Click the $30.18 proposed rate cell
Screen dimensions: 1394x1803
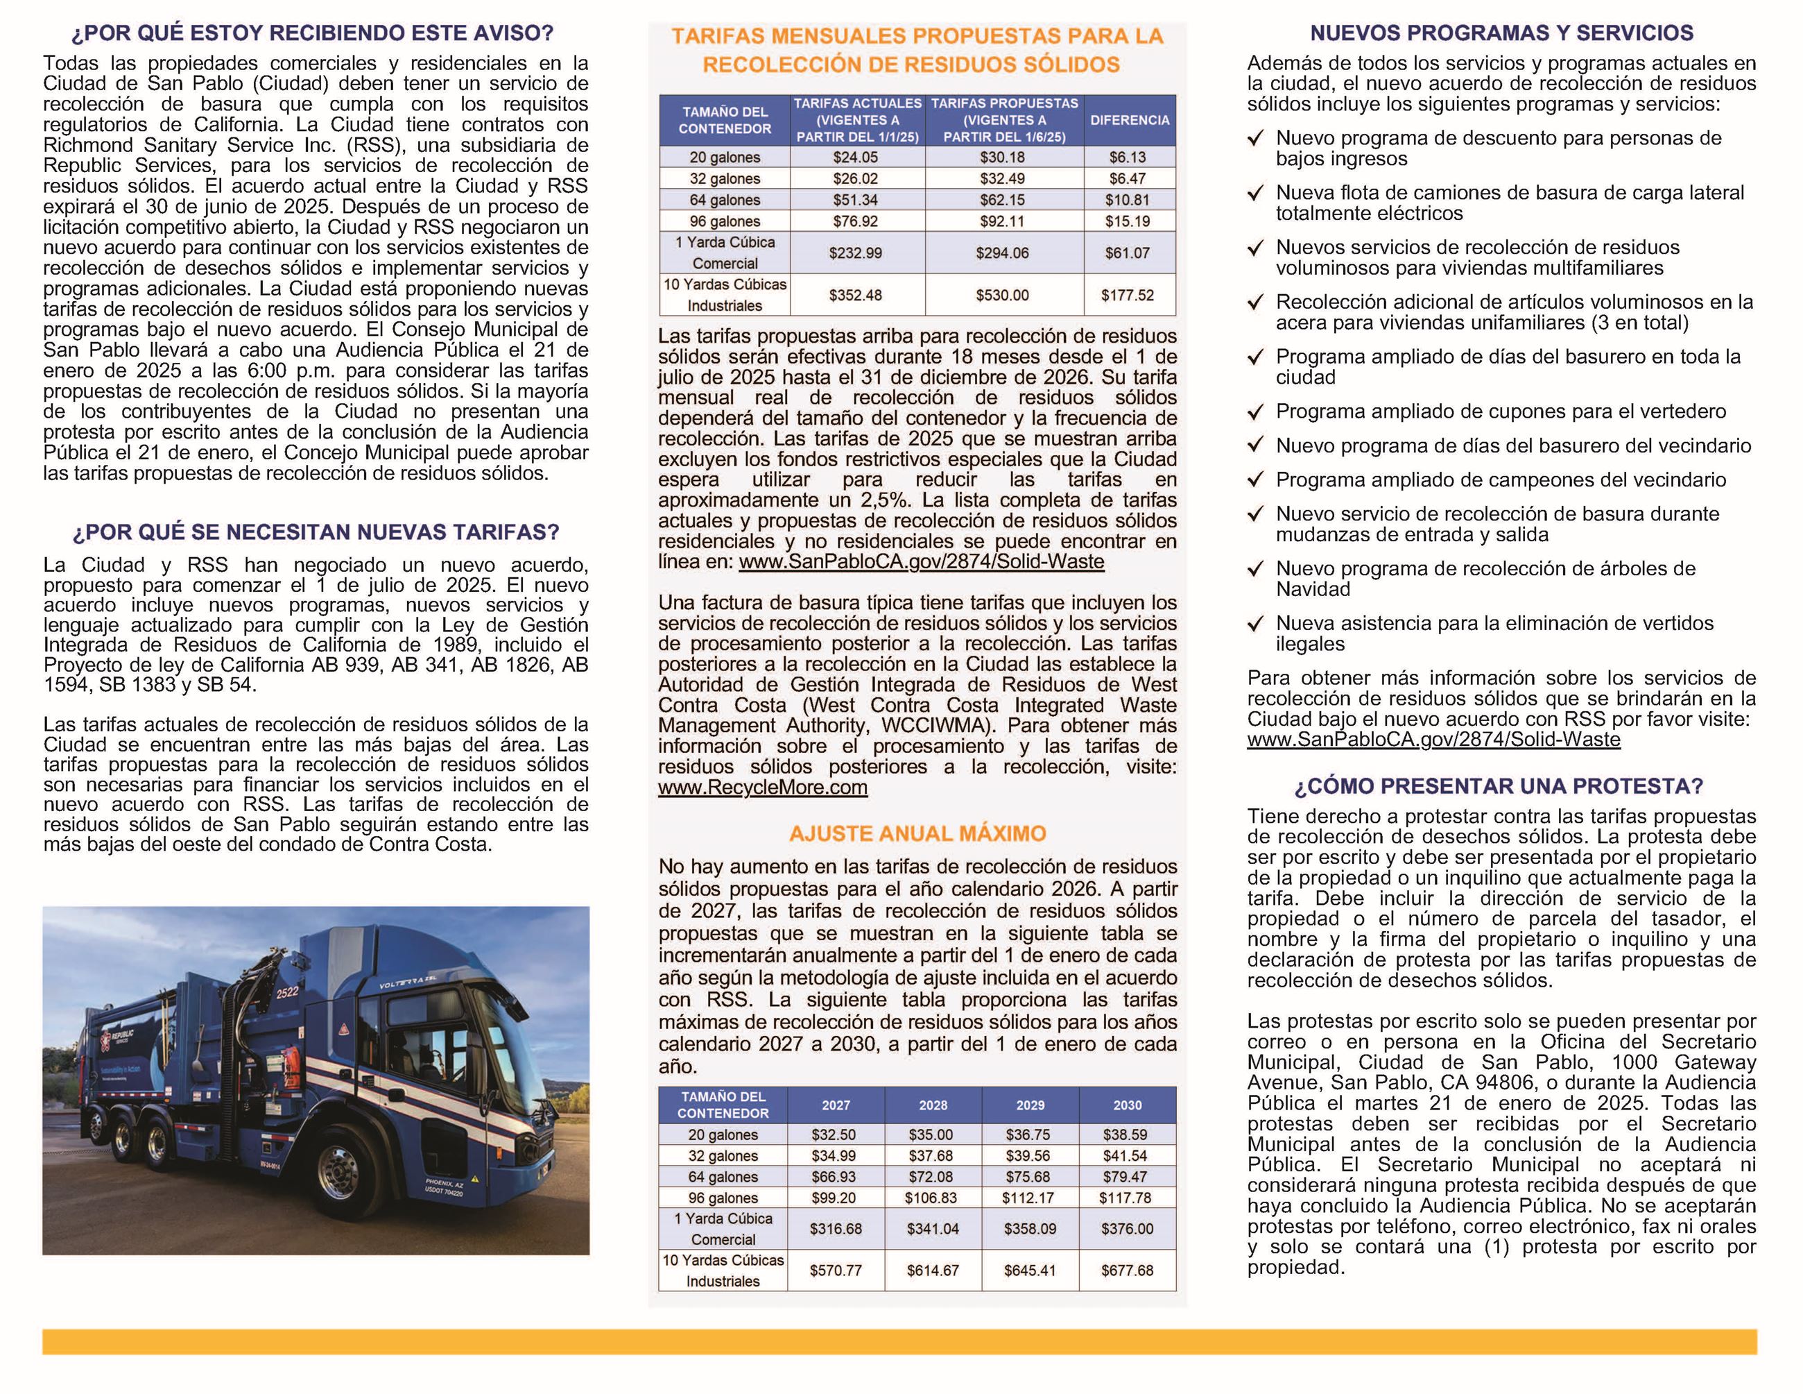pos(1002,157)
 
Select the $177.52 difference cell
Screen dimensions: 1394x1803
pos(1128,295)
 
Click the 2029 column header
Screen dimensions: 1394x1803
pos(1030,1105)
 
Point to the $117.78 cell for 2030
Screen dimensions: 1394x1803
pos(1127,1198)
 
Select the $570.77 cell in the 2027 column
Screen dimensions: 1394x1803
pos(836,1270)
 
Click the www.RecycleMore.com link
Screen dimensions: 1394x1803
pos(762,787)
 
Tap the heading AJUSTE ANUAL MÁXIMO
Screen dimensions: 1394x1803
pos(917,833)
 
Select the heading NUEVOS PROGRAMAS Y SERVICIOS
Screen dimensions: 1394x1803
pos(1501,33)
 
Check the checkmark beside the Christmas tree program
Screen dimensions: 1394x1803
pos(1256,569)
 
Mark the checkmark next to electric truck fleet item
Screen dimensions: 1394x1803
pos(1256,193)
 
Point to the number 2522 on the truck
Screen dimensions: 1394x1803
pos(286,993)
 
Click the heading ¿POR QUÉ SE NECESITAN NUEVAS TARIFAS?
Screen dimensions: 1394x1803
pos(316,532)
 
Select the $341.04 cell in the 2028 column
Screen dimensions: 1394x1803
pos(933,1229)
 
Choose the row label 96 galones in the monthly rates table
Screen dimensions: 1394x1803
pos(724,221)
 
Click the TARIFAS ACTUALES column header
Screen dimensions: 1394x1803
pos(857,120)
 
